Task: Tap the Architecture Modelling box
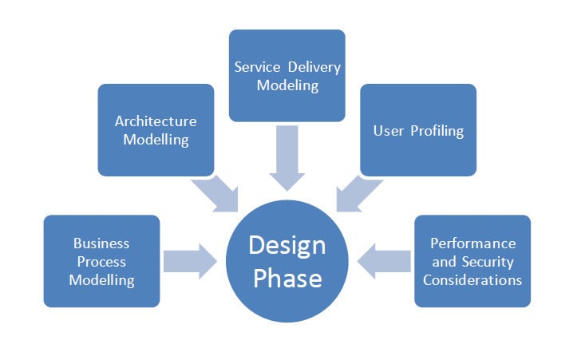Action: point(156,130)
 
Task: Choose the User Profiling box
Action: point(418,130)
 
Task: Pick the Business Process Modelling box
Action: point(101,261)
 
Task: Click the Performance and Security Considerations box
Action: point(472,261)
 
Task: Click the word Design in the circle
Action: point(287,244)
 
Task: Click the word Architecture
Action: point(156,121)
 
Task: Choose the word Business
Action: point(101,243)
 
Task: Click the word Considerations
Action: point(472,279)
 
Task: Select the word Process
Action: point(101,261)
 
